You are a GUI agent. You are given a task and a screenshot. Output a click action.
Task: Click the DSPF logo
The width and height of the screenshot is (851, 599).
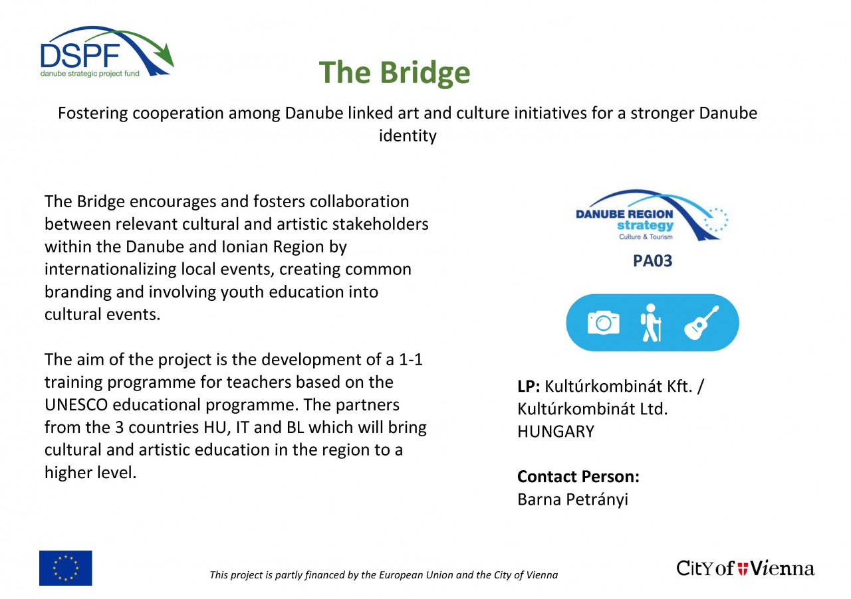(x=107, y=51)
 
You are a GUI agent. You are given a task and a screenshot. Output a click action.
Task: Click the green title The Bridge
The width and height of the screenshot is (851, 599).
(x=394, y=72)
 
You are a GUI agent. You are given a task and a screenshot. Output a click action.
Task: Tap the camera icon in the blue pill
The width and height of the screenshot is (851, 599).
(x=603, y=323)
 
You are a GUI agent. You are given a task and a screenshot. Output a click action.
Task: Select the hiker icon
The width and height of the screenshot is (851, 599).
(x=651, y=323)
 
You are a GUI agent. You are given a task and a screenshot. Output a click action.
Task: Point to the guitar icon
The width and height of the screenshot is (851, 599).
(x=701, y=322)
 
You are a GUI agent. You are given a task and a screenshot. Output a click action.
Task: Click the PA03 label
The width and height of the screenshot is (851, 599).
(x=652, y=261)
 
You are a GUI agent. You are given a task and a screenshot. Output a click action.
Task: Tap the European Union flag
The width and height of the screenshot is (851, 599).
(x=65, y=568)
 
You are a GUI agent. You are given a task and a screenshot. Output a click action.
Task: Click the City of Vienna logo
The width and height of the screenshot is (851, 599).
(x=745, y=568)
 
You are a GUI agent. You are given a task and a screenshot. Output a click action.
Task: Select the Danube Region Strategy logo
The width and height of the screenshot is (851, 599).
(x=652, y=215)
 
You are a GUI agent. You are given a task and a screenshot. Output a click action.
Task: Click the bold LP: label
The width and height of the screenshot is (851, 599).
(x=529, y=386)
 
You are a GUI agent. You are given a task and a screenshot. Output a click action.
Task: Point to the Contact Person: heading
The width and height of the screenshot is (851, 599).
(x=578, y=477)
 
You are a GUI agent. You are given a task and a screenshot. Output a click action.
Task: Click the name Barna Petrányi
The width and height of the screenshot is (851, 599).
(x=572, y=499)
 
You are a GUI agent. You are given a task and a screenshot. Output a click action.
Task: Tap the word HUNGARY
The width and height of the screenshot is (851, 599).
(x=556, y=432)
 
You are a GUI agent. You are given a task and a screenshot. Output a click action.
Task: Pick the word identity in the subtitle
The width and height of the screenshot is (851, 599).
(x=408, y=136)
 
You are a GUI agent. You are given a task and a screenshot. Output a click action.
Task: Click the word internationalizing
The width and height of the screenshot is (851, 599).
(x=110, y=270)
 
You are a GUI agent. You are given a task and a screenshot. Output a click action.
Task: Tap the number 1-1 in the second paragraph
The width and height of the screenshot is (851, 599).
(x=411, y=359)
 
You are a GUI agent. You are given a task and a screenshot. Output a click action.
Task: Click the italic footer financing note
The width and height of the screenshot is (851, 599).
(x=384, y=575)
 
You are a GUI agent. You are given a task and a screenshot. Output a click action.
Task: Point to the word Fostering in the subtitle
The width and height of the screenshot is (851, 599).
(x=92, y=114)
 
